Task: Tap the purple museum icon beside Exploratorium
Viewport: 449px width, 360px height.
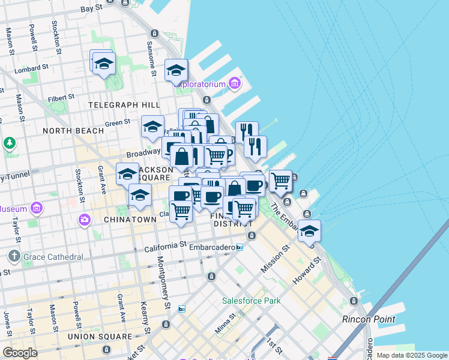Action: (x=234, y=83)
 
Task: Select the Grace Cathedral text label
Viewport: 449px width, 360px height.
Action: (x=53, y=257)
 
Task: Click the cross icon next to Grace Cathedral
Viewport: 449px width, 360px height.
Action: (x=14, y=257)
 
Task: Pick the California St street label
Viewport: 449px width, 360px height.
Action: (x=165, y=246)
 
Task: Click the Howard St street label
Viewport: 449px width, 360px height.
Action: (x=307, y=272)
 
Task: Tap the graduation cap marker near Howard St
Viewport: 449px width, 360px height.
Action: (x=309, y=230)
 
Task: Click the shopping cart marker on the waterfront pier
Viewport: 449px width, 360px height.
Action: (x=280, y=179)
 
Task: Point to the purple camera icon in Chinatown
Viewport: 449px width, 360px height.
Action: (x=84, y=220)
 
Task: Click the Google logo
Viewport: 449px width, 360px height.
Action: (x=20, y=353)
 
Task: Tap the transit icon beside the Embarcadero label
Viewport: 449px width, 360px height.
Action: (x=239, y=247)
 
